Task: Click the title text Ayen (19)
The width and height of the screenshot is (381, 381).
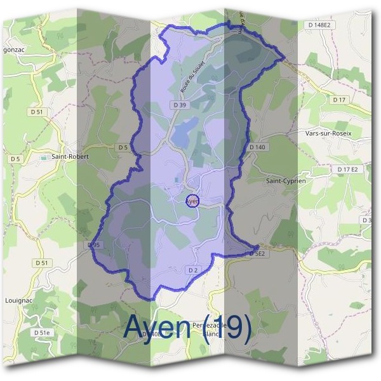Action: (x=187, y=326)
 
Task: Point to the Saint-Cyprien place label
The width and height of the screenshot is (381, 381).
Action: (x=285, y=181)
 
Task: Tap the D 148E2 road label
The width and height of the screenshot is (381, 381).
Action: (x=318, y=25)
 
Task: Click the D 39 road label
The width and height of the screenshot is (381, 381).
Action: (x=178, y=104)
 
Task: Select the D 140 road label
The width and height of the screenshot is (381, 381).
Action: (x=257, y=147)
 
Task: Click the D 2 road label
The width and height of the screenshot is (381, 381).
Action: (x=193, y=271)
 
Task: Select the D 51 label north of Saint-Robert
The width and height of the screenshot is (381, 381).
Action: (x=38, y=112)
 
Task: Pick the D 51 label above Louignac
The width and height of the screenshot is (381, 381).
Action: (x=42, y=262)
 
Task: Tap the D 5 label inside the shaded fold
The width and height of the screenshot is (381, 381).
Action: (x=123, y=147)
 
